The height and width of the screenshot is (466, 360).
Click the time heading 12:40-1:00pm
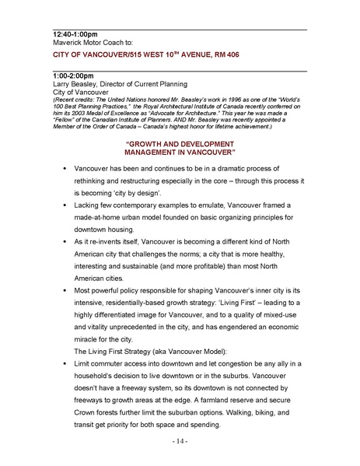[76, 35]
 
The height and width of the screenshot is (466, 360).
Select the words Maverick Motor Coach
[86, 44]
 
